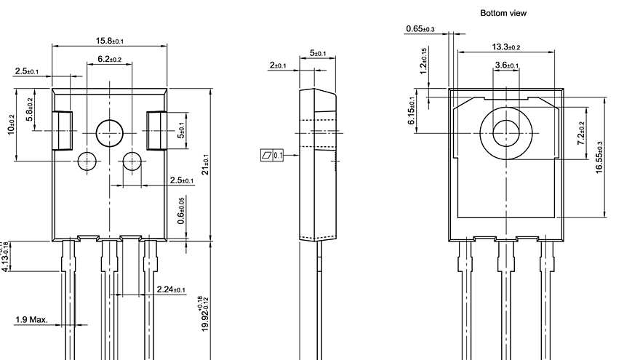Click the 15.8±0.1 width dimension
tap(109, 41)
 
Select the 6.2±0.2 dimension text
tap(109, 59)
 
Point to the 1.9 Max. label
tap(31, 319)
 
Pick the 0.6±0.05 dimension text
tap(182, 210)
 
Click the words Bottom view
tap(503, 13)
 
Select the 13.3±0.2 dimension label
tap(506, 47)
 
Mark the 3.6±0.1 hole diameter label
tap(506, 65)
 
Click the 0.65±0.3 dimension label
tap(420, 29)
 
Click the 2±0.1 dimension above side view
tap(278, 65)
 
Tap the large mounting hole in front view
tap(110, 132)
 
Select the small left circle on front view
tap(87, 160)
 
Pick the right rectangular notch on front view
tap(157, 130)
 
